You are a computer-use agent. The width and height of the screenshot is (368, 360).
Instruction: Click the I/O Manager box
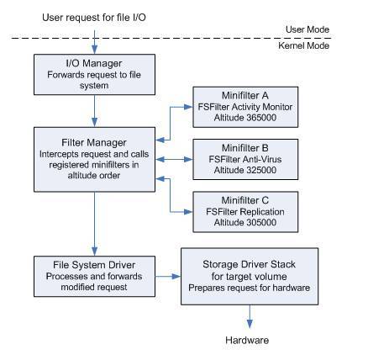(94, 75)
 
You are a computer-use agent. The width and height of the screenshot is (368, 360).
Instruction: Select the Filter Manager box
(94, 160)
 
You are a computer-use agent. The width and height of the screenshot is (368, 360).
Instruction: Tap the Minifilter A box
(245, 107)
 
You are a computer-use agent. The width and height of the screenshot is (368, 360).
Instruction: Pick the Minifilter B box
(245, 160)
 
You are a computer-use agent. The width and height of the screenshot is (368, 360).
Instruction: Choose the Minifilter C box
(245, 212)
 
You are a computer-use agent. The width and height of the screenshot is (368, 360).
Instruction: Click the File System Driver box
(94, 277)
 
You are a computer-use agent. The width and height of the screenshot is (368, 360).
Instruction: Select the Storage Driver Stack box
(250, 277)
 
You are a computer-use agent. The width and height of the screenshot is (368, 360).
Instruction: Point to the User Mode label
(308, 29)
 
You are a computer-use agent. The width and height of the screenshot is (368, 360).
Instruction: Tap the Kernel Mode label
(304, 45)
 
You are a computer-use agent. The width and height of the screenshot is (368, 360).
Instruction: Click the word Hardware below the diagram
(247, 341)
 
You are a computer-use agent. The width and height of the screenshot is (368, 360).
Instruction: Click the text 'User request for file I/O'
(94, 18)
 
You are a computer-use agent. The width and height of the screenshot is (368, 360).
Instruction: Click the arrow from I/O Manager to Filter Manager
(95, 111)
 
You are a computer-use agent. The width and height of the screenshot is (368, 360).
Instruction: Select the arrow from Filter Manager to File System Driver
(95, 224)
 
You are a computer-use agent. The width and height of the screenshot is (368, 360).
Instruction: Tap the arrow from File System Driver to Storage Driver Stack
(168, 277)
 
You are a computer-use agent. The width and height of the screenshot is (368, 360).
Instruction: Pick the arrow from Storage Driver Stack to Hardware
(250, 316)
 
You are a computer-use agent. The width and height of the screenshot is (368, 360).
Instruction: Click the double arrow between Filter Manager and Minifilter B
(174, 160)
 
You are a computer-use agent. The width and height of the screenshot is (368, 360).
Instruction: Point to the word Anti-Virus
(262, 160)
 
